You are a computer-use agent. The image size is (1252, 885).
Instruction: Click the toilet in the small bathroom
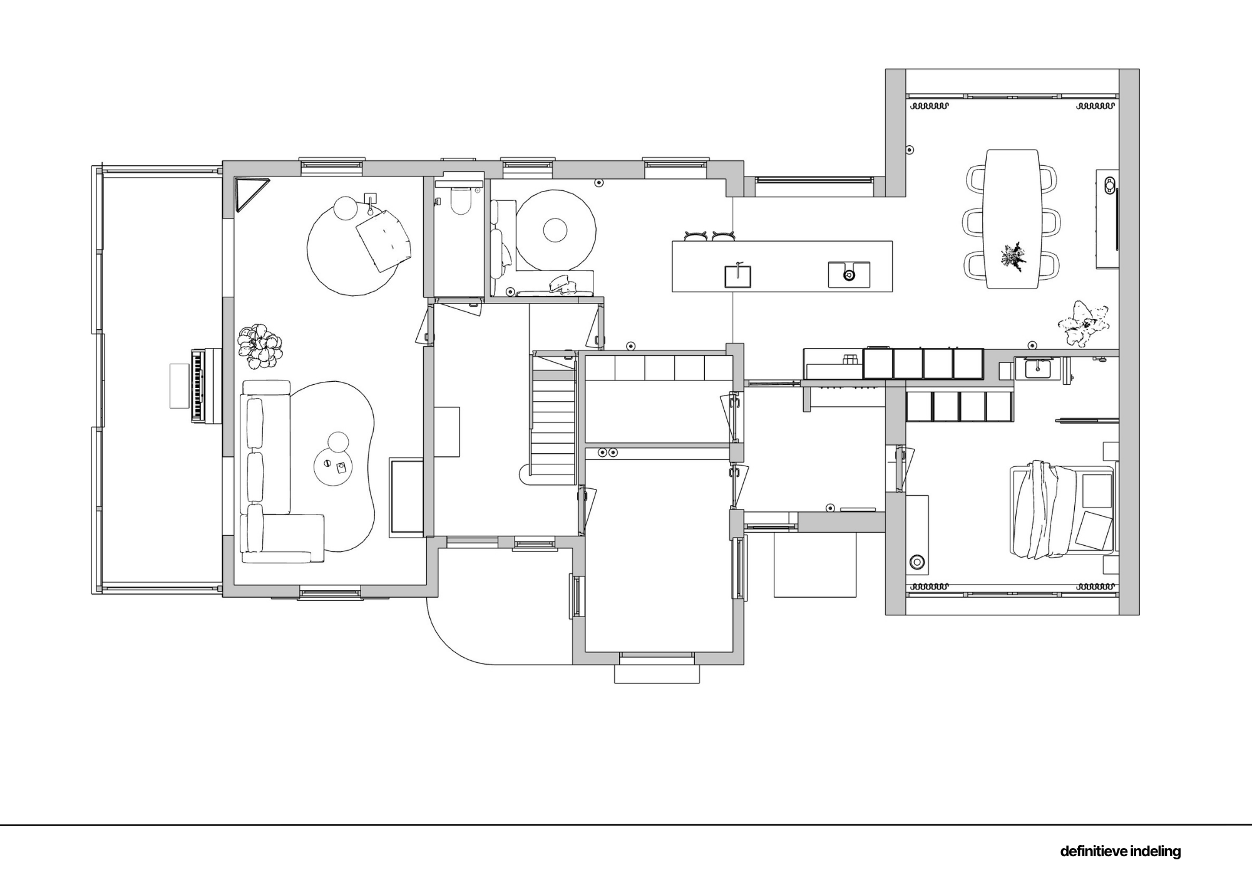tap(460, 199)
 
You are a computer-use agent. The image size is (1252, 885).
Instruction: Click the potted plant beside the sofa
tap(259, 345)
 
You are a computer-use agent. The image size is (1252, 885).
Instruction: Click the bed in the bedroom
tap(1063, 509)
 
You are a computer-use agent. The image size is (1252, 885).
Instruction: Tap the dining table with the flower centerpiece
tap(1012, 218)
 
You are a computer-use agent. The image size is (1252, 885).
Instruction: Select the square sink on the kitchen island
tap(738, 276)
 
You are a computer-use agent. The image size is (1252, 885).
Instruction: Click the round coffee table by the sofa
tap(334, 466)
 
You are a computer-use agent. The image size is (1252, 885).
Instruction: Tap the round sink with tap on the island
tap(849, 275)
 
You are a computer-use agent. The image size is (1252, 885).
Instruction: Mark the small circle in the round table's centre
tap(555, 230)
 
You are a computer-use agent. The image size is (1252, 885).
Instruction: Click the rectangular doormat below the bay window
tap(657, 674)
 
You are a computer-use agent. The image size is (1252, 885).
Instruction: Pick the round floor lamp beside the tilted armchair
tap(344, 208)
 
